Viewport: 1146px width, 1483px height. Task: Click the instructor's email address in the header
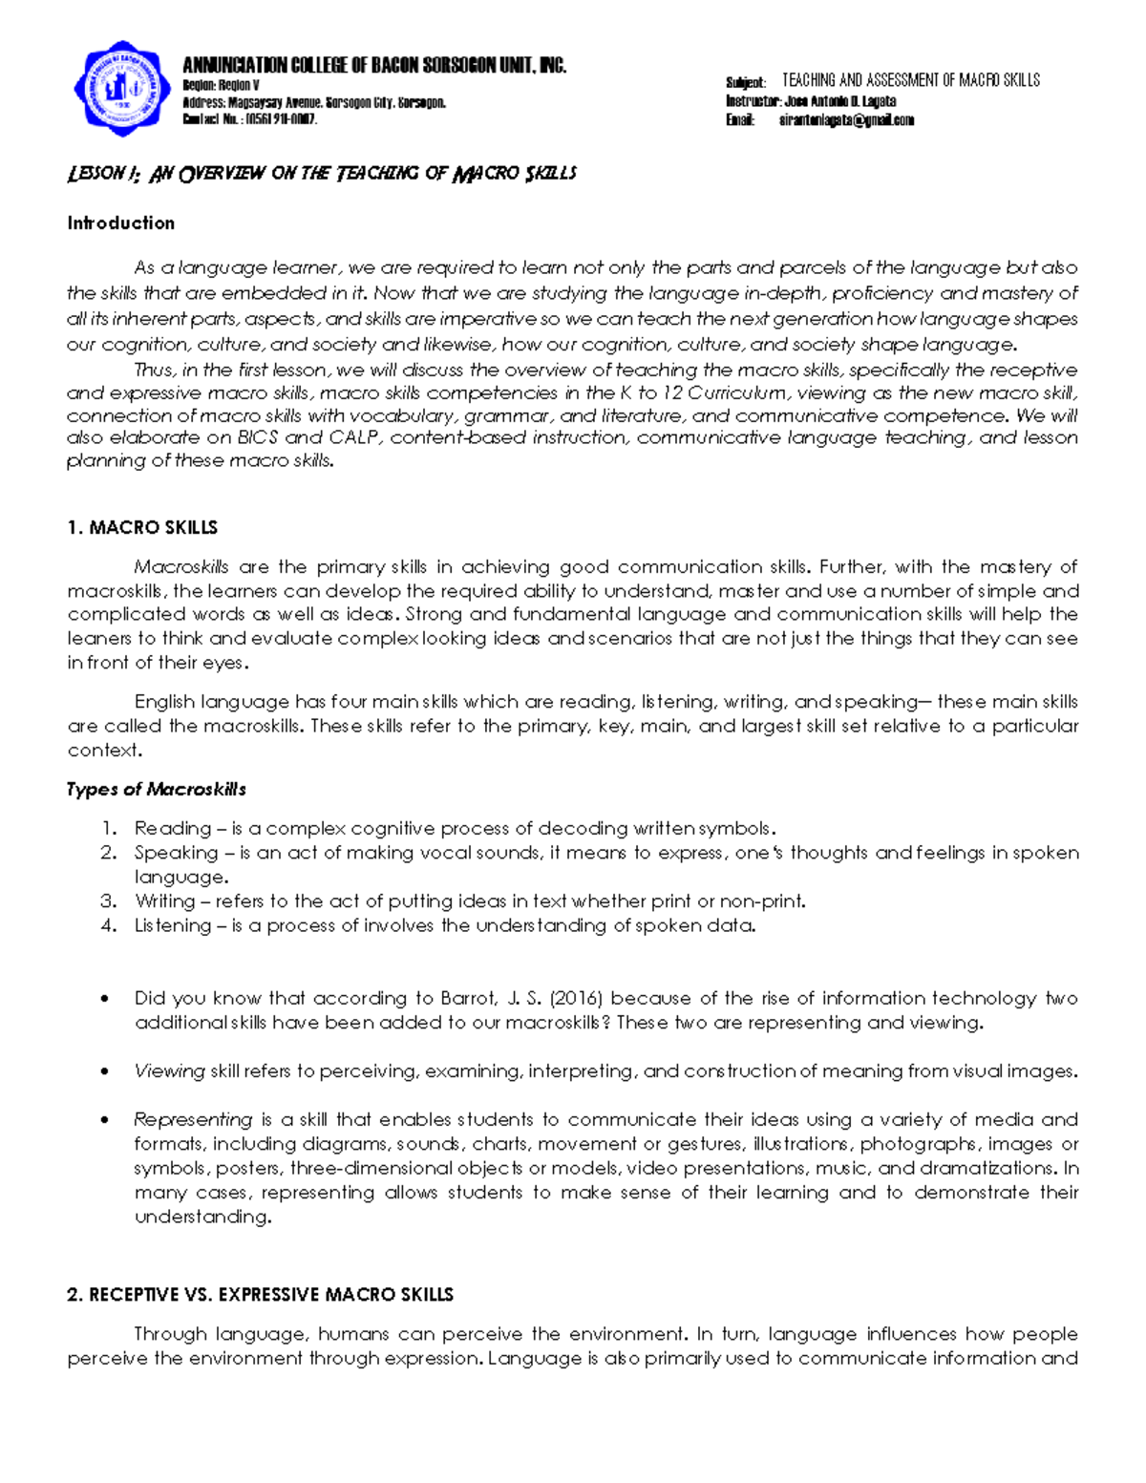pos(846,120)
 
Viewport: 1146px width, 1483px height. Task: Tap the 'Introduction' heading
pos(120,222)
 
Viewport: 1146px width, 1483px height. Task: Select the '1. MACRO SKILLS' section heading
pos(142,527)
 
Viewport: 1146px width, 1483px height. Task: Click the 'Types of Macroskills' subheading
pos(157,789)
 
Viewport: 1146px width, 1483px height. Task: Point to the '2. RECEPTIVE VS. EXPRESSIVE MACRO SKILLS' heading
pos(261,1294)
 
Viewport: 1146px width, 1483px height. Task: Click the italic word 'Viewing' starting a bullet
pos(169,1070)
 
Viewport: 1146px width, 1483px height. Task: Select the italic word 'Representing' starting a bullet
pos(193,1119)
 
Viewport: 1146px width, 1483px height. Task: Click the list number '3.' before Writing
pos(108,900)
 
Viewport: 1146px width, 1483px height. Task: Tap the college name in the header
pos(374,65)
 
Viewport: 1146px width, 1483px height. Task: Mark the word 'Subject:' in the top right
pos(745,83)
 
